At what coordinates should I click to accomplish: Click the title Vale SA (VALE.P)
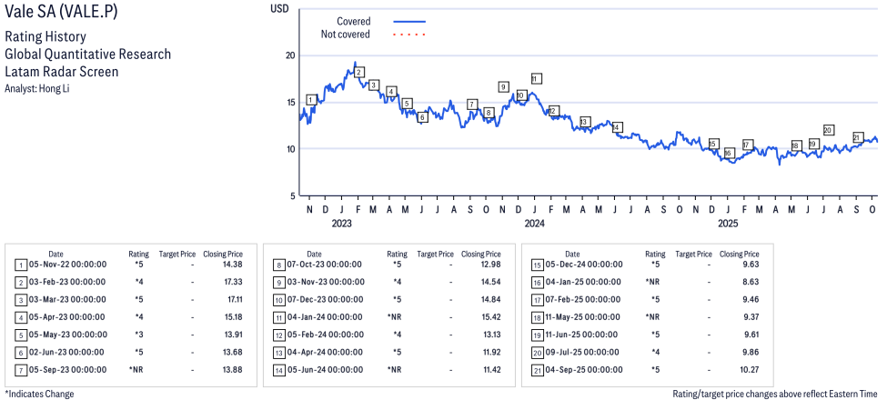click(60, 15)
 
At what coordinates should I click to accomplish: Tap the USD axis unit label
click(280, 8)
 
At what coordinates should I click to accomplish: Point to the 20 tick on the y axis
click(290, 55)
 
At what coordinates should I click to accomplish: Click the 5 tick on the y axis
click(292, 195)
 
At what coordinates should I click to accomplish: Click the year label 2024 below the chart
click(534, 223)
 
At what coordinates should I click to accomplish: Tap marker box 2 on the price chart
click(359, 72)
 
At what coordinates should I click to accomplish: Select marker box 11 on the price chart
click(536, 78)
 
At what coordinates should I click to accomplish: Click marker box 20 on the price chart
click(828, 130)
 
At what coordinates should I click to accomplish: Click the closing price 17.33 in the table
click(230, 282)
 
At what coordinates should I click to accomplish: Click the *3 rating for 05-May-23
click(139, 335)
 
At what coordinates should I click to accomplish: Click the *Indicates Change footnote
click(39, 394)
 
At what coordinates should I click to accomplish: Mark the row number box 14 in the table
click(278, 370)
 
